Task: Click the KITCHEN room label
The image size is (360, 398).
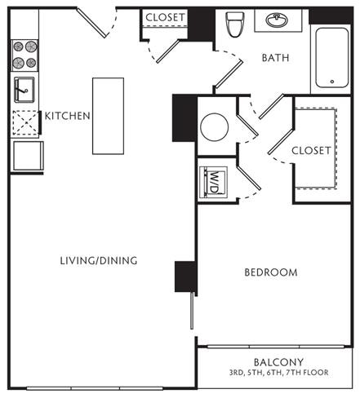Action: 67,116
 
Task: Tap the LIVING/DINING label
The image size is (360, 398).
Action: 99,261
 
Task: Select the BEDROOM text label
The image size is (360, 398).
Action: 271,272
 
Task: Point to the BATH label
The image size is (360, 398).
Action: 275,58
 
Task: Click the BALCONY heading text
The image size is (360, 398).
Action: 278,362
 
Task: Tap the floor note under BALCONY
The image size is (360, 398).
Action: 278,373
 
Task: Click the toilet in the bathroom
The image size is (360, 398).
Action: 234,24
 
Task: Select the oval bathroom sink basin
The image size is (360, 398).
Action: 277,20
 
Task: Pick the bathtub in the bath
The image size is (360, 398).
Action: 331,58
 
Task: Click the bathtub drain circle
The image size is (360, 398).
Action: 332,82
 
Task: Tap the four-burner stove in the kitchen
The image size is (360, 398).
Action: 24,55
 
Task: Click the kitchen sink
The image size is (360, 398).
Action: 24,90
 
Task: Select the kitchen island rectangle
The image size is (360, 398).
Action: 109,116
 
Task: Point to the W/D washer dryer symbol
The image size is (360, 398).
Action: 213,182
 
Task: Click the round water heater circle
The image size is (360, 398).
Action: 214,127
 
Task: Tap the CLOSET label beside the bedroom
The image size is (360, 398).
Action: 311,151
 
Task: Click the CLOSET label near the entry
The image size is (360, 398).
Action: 165,17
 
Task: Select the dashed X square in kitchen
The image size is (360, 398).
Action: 25,123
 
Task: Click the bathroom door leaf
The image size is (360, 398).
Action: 229,74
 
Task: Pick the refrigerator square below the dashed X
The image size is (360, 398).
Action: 28,156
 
